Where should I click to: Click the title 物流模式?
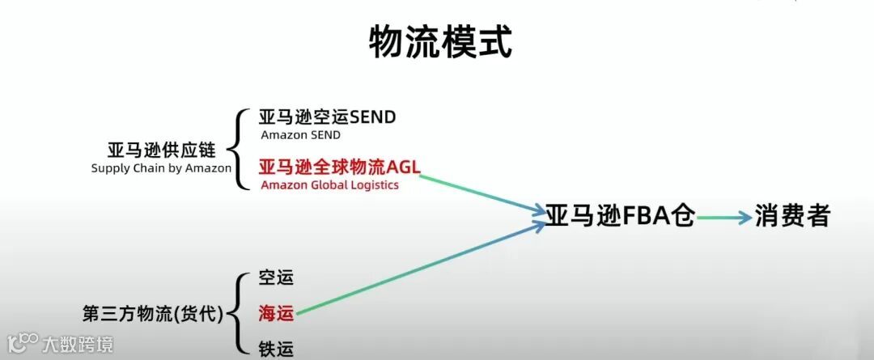440,42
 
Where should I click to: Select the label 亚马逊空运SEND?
327,117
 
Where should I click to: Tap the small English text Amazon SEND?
300,135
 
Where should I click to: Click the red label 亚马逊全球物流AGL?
339,167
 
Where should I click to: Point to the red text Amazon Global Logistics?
329,185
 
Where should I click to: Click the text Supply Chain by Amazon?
161,168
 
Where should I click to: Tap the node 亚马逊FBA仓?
620,216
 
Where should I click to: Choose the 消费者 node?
792,216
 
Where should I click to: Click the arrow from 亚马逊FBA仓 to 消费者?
724,218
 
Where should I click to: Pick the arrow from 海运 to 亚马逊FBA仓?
421,268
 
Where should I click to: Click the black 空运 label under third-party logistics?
275,277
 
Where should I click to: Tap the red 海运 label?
275,311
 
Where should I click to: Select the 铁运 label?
275,348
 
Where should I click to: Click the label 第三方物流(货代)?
153,312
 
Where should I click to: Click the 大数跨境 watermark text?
78,345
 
